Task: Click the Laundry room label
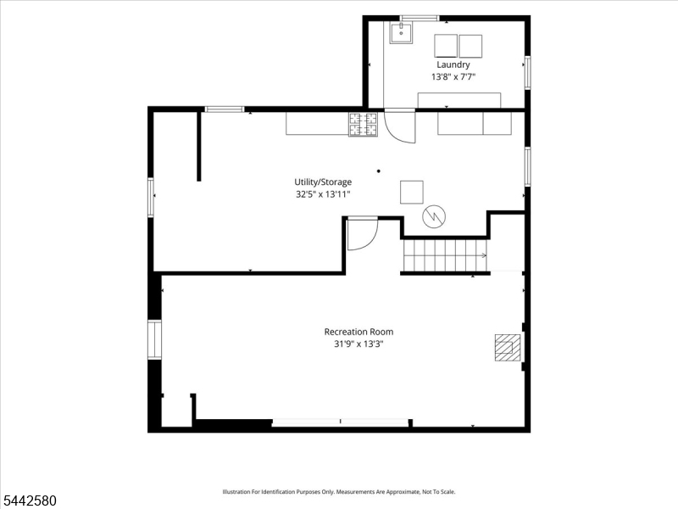point(453,65)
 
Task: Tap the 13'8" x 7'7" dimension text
point(453,77)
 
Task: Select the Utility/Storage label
point(323,182)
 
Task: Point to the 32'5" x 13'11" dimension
point(323,194)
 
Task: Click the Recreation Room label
point(358,332)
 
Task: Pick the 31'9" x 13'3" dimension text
point(358,344)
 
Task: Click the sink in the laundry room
point(401,32)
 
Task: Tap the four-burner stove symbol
point(363,124)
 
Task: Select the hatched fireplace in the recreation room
point(508,347)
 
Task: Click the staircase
point(446,255)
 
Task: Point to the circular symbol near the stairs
point(434,216)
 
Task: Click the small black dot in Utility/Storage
point(379,171)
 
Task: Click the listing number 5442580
point(28,501)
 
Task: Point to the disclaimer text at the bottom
point(338,492)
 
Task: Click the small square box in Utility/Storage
point(412,193)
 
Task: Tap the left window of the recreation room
point(154,340)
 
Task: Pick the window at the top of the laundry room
point(420,18)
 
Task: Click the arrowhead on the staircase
point(484,256)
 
